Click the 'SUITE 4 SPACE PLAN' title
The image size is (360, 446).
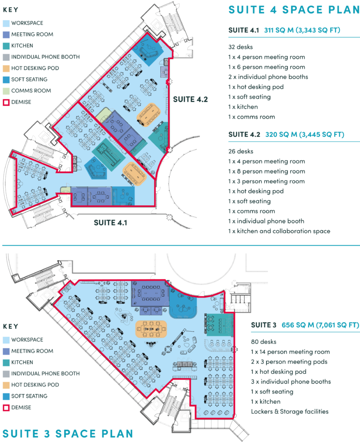click(x=293, y=10)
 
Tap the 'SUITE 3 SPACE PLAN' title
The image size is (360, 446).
click(x=67, y=433)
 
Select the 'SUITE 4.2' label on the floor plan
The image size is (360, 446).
click(x=190, y=99)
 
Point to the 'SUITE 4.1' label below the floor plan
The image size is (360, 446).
click(x=111, y=223)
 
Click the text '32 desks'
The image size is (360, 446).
click(x=240, y=47)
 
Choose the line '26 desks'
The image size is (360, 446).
click(x=240, y=151)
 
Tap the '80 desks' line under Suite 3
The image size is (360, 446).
click(x=263, y=342)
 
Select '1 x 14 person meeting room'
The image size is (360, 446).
click(x=290, y=351)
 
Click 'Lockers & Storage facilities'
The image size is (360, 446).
click(x=290, y=411)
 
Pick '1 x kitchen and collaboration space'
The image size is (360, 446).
click(x=279, y=231)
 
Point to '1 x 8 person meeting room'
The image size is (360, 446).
click(x=266, y=171)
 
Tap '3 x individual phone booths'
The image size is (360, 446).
click(x=291, y=381)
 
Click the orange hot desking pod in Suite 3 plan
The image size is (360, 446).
click(x=151, y=329)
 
